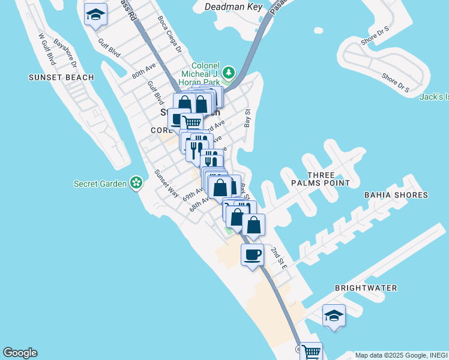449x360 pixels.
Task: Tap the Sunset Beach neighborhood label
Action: [x=61, y=77]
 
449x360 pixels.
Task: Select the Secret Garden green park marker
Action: [x=137, y=182]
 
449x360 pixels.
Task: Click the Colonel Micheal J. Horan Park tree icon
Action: [x=228, y=73]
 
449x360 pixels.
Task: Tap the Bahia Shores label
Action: [x=396, y=195]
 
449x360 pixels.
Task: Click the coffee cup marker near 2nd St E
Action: [x=252, y=255]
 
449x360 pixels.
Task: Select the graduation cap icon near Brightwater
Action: [x=334, y=316]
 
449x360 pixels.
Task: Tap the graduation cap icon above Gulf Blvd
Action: [x=95, y=14]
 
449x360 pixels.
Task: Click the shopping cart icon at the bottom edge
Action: [x=311, y=352]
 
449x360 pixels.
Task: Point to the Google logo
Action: [x=20, y=353]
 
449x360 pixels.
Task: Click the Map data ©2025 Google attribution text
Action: [x=401, y=355]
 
